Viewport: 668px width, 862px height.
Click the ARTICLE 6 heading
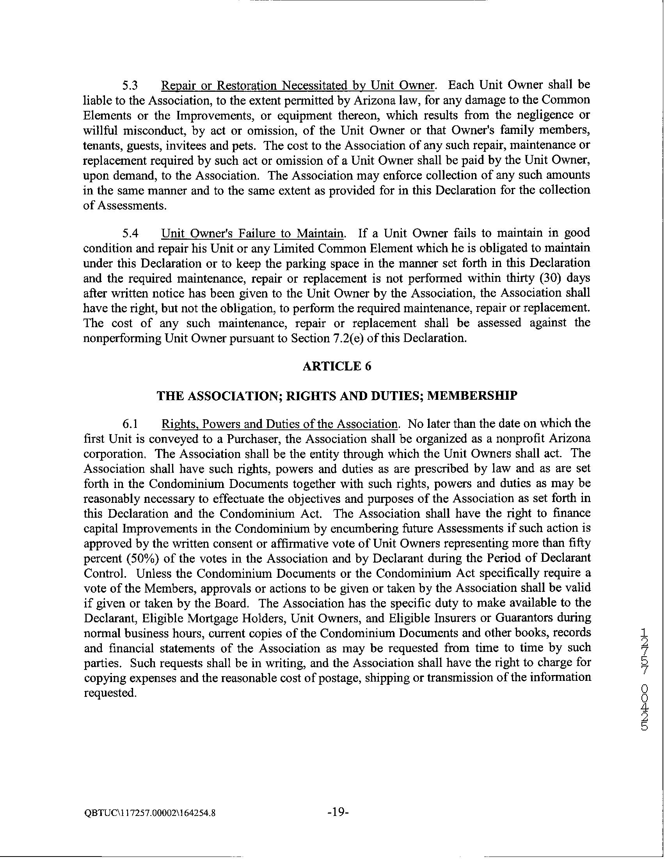[x=337, y=367]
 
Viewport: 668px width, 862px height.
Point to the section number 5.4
[x=130, y=233]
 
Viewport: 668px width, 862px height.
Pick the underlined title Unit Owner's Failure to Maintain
[x=253, y=233]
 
